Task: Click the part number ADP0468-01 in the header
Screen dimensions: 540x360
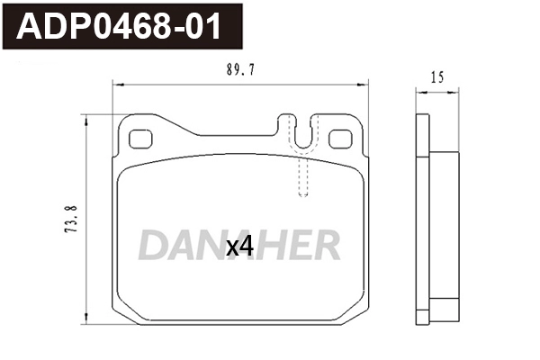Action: pyautogui.click(x=119, y=26)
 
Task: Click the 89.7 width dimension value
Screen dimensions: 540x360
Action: pyautogui.click(x=240, y=70)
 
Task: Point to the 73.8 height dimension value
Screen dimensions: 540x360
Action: pyautogui.click(x=71, y=219)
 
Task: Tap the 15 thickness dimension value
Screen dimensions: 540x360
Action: pyautogui.click(x=437, y=77)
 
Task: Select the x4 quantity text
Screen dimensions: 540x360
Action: pyautogui.click(x=239, y=247)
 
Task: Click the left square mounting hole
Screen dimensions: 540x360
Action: pyautogui.click(x=140, y=139)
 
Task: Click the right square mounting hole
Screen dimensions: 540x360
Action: pyautogui.click(x=340, y=139)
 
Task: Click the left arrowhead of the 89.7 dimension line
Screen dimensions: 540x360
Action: pyautogui.click(x=118, y=85)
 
